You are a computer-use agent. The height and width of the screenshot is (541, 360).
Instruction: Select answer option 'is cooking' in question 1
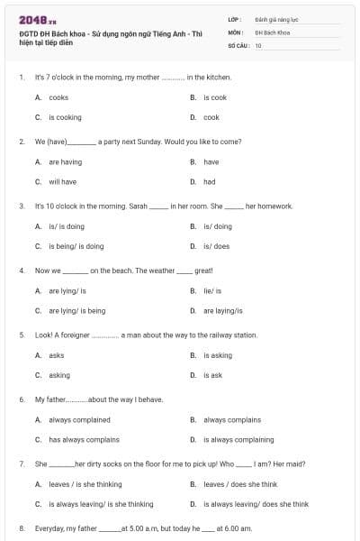click(65, 117)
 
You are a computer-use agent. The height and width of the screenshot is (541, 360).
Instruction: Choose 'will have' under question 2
click(62, 181)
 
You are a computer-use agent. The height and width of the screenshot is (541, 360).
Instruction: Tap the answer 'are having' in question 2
click(65, 162)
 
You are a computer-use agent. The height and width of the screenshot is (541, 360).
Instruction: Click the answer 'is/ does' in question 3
click(216, 246)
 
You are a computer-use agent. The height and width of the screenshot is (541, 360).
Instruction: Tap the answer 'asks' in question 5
click(56, 355)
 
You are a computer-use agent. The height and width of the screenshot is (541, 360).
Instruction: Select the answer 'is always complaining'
click(238, 440)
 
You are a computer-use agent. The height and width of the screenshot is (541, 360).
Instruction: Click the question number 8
click(21, 527)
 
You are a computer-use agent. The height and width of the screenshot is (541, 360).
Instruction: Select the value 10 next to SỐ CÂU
click(258, 44)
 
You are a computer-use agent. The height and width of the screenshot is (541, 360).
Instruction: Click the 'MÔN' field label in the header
click(236, 32)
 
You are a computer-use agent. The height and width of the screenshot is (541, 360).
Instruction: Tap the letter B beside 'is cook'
click(193, 97)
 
